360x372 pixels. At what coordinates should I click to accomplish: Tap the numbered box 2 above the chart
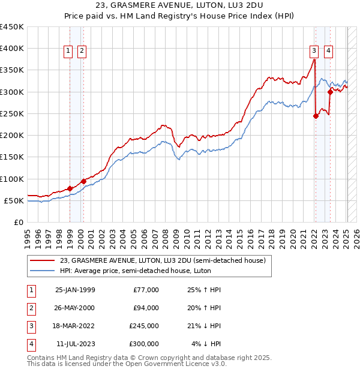pyautogui.click(x=82, y=52)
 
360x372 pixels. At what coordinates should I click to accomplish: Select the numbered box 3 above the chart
pyautogui.click(x=314, y=52)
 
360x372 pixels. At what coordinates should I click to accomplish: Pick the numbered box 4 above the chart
pyautogui.click(x=329, y=52)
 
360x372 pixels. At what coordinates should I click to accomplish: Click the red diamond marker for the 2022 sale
pyautogui.click(x=316, y=116)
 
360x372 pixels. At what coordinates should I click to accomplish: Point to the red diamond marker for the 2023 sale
pyautogui.click(x=330, y=92)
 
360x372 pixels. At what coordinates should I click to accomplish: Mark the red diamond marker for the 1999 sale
pyautogui.click(x=70, y=188)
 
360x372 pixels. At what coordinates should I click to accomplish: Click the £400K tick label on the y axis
pyautogui.click(x=12, y=49)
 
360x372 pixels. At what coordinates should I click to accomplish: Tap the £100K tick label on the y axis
pyautogui.click(x=12, y=179)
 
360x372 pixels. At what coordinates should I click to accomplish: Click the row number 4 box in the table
pyautogui.click(x=29, y=344)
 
